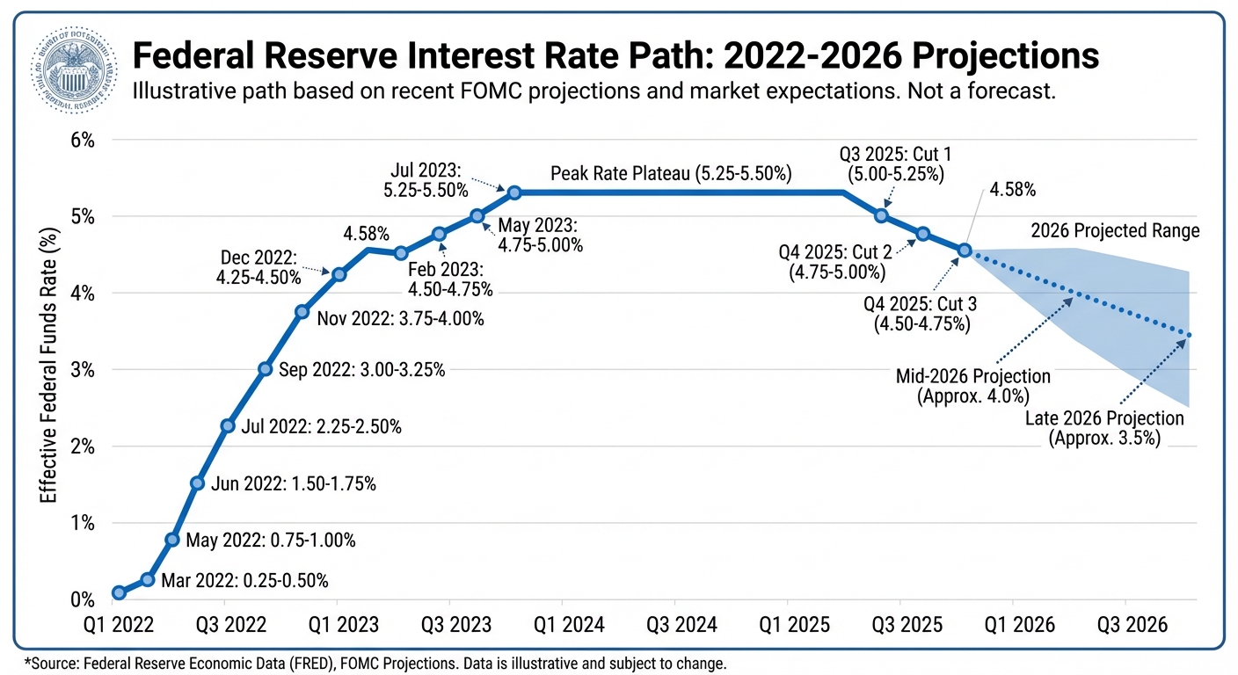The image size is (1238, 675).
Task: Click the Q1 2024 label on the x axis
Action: click(x=562, y=625)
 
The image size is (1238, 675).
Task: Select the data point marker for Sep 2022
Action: click(x=265, y=369)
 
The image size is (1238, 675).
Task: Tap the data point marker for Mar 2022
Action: click(x=148, y=579)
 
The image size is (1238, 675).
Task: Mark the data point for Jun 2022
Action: click(x=198, y=483)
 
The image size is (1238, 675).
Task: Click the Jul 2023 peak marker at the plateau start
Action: click(x=514, y=192)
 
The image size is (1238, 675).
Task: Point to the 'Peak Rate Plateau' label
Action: click(x=671, y=174)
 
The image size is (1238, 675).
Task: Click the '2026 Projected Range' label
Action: click(x=1115, y=232)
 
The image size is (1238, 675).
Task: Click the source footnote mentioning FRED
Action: click(x=375, y=663)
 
